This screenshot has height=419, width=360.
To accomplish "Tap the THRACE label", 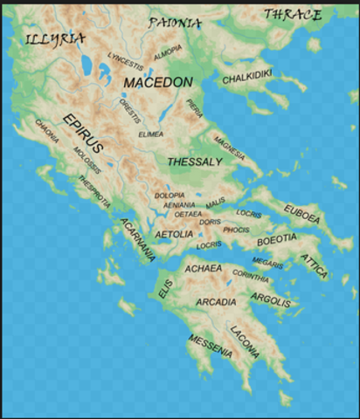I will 294,14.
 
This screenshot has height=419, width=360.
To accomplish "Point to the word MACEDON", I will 158,81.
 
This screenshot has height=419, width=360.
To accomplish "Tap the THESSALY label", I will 195,161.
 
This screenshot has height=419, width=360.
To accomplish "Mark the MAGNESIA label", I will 229,141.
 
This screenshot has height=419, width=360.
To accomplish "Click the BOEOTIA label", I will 277,237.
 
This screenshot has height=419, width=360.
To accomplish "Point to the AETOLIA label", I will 174,235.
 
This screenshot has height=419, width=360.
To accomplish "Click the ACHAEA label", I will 204,269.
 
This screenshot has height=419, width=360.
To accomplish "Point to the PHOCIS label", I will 236,230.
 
